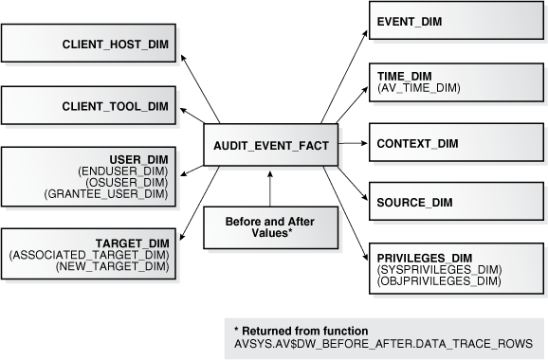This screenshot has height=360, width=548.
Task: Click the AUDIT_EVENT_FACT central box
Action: click(270, 148)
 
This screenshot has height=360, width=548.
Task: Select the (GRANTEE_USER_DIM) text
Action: click(107, 193)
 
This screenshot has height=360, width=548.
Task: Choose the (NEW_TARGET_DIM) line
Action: click(115, 267)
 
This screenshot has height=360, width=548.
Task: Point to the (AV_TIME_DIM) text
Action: click(419, 86)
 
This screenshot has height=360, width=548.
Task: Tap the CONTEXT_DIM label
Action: click(418, 143)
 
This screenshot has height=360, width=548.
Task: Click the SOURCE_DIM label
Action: click(414, 202)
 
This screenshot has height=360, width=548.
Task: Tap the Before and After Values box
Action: click(270, 227)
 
